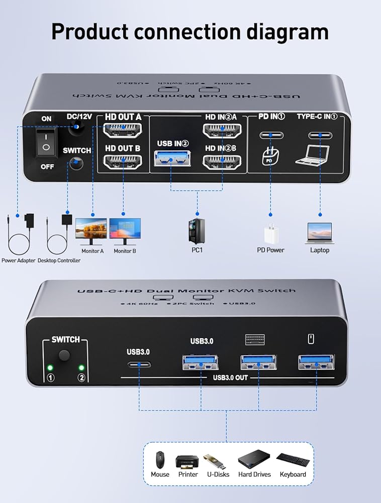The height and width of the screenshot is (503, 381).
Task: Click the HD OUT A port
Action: (x=122, y=132)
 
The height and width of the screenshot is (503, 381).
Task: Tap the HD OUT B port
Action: (x=122, y=162)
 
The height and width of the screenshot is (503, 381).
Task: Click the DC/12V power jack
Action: (x=77, y=129)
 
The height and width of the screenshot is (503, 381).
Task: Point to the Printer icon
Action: (x=187, y=460)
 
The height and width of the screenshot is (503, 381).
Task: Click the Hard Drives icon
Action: (x=254, y=459)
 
